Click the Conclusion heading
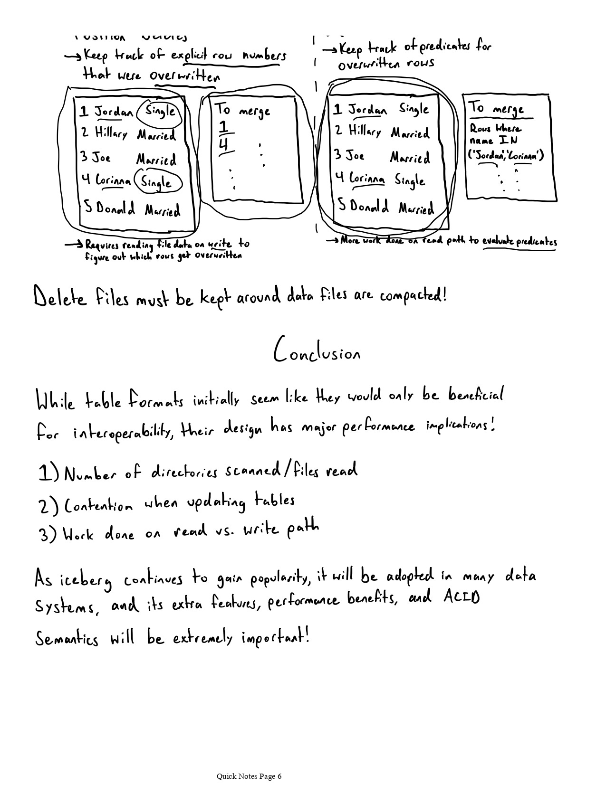(317, 352)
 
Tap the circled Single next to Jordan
(160, 112)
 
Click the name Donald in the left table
(115, 208)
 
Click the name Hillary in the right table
(365, 131)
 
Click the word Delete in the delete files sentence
(60, 298)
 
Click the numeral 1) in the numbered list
(48, 473)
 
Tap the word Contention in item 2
(98, 505)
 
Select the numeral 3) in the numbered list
(48, 535)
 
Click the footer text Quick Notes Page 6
(249, 776)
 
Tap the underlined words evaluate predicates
(519, 242)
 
